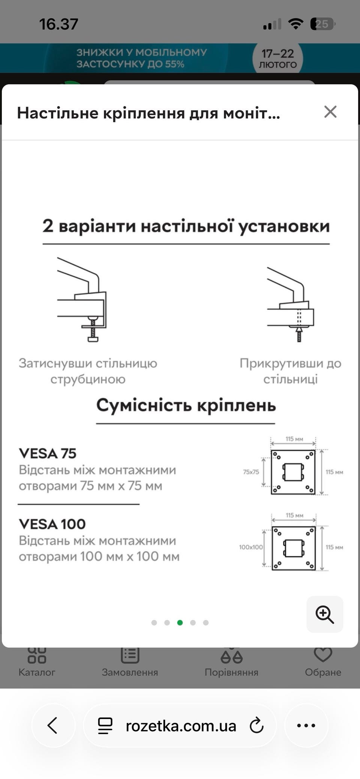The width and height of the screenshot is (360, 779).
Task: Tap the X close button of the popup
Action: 330,112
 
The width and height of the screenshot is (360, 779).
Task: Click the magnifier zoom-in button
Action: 325,614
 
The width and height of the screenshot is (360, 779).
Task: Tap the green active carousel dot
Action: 180,623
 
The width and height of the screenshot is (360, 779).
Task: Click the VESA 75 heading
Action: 48,454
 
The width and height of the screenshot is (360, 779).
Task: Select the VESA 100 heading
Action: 52,524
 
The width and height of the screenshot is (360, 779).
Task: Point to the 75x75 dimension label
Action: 251,472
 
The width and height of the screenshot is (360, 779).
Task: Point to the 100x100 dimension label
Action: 251,547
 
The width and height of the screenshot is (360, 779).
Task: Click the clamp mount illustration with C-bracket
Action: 82,299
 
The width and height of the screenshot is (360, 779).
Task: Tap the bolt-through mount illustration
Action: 291,304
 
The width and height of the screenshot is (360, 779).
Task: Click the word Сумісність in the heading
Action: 144,406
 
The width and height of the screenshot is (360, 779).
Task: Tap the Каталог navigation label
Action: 37,672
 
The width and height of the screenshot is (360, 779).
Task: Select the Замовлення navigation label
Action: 130,672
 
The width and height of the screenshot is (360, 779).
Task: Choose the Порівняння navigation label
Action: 231,673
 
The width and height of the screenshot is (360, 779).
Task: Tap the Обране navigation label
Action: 323,672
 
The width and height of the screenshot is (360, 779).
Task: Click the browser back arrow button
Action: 53,725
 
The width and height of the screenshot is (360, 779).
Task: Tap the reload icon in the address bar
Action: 257,725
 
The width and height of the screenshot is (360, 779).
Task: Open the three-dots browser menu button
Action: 306,725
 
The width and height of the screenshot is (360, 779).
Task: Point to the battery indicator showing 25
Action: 322,24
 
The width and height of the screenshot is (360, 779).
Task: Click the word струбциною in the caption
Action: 88,379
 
